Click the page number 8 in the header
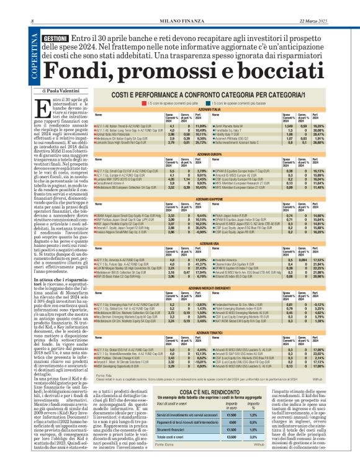click(x=32, y=22)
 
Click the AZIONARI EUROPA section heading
click(x=212, y=153)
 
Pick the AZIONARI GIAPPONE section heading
click(x=212, y=197)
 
